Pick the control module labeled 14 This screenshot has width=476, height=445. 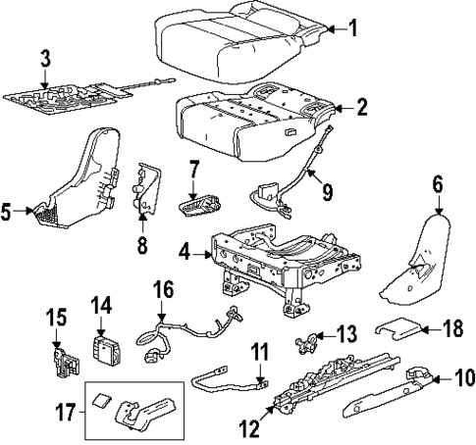pyautogui.click(x=105, y=348)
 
